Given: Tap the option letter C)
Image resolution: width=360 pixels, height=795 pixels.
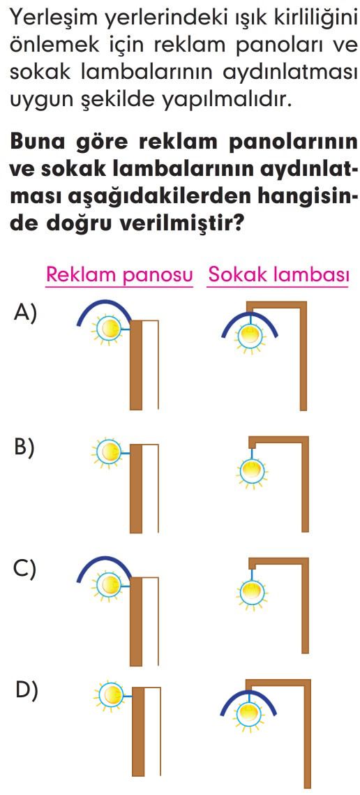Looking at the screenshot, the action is [25, 569].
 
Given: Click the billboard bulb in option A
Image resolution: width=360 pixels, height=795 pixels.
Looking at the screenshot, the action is [107, 329].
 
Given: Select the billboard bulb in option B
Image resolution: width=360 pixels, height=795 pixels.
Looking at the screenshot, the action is [107, 450].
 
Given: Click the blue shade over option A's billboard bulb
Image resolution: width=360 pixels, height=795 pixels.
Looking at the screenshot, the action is [104, 306].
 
